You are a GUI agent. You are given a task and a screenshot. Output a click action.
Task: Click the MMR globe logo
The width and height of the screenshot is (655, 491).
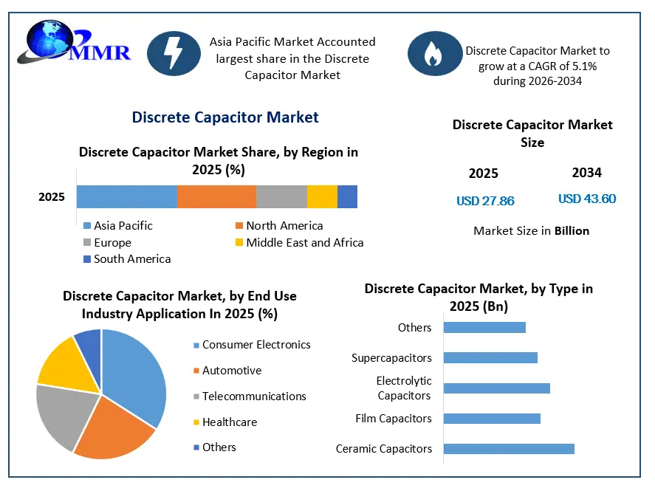click(74, 43)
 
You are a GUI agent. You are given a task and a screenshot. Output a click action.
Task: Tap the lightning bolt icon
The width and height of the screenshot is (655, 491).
click(174, 53)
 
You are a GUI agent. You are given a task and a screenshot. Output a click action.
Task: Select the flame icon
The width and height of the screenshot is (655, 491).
click(435, 53)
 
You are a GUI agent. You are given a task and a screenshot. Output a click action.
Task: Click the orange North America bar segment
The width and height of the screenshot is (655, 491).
click(216, 196)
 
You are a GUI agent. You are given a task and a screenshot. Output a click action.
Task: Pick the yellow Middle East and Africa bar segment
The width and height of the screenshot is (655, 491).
click(322, 196)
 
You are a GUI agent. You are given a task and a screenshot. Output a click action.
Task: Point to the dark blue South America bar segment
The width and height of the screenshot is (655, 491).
click(348, 196)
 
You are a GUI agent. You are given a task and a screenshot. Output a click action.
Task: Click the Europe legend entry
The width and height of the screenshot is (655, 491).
click(107, 243)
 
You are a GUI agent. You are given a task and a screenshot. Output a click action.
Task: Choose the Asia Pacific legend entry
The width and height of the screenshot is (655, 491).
click(118, 226)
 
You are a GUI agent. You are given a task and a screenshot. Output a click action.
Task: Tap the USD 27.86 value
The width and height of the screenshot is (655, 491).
click(485, 201)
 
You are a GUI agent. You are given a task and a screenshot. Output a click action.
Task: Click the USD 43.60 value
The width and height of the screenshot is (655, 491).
click(587, 199)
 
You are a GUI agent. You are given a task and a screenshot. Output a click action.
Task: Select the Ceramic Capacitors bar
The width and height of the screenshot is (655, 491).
click(509, 449)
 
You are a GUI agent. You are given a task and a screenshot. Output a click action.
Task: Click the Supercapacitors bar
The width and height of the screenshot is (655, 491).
click(490, 358)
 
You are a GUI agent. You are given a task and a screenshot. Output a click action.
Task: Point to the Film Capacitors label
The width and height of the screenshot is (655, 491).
click(394, 419)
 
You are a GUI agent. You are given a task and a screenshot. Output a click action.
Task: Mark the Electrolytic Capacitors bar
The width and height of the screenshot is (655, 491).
click(497, 388)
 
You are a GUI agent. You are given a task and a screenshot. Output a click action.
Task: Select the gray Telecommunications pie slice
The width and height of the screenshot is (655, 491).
click(63, 416)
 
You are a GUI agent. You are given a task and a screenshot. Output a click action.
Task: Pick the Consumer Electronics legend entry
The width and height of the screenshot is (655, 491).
click(252, 345)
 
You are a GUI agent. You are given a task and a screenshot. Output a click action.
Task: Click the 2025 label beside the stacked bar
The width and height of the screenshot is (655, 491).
click(52, 197)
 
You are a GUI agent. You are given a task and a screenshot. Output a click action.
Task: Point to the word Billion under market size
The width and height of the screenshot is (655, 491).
click(572, 231)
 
